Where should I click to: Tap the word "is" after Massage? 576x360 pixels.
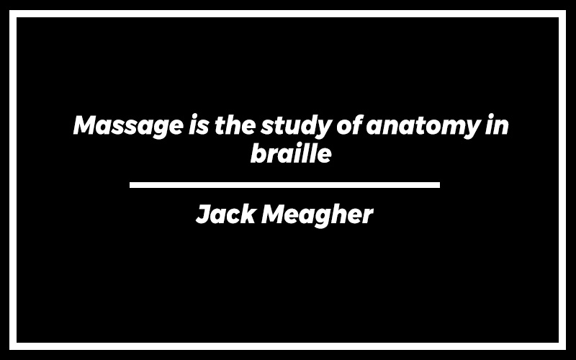coord(199,125)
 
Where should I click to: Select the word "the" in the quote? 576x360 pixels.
coord(235,125)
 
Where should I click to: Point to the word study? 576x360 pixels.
coord(296,127)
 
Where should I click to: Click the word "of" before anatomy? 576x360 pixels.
coord(350,125)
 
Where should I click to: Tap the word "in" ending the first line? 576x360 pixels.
coord(497,125)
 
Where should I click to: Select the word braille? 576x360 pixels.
coord(291,153)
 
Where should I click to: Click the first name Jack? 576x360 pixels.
coord(225,214)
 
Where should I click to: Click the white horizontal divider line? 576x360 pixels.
coord(284,185)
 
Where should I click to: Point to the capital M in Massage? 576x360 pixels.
coord(89,125)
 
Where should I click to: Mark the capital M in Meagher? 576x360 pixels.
coord(276,214)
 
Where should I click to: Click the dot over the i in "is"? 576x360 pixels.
coord(194,117)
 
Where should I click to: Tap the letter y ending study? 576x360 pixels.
coord(322,130)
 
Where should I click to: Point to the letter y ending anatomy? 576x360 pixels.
coord(471,130)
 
